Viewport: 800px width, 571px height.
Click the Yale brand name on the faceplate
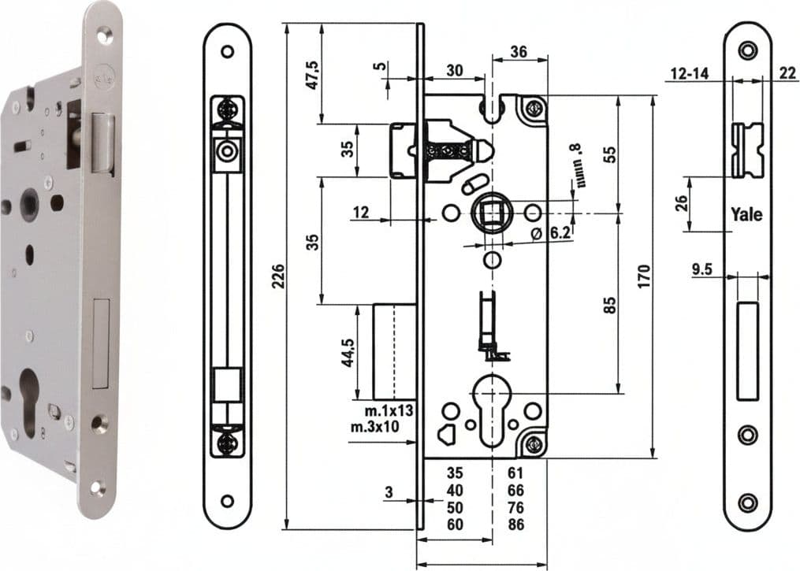(746, 214)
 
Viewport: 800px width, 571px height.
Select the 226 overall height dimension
(278, 276)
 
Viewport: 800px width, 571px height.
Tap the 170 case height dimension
(644, 276)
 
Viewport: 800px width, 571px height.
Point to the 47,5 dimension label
(312, 75)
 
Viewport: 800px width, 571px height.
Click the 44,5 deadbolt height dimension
(348, 352)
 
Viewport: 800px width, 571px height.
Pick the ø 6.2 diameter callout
(550, 233)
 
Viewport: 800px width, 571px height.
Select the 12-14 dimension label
(690, 73)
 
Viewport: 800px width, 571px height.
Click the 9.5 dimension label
(702, 269)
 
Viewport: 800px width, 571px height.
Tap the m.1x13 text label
(389, 411)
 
